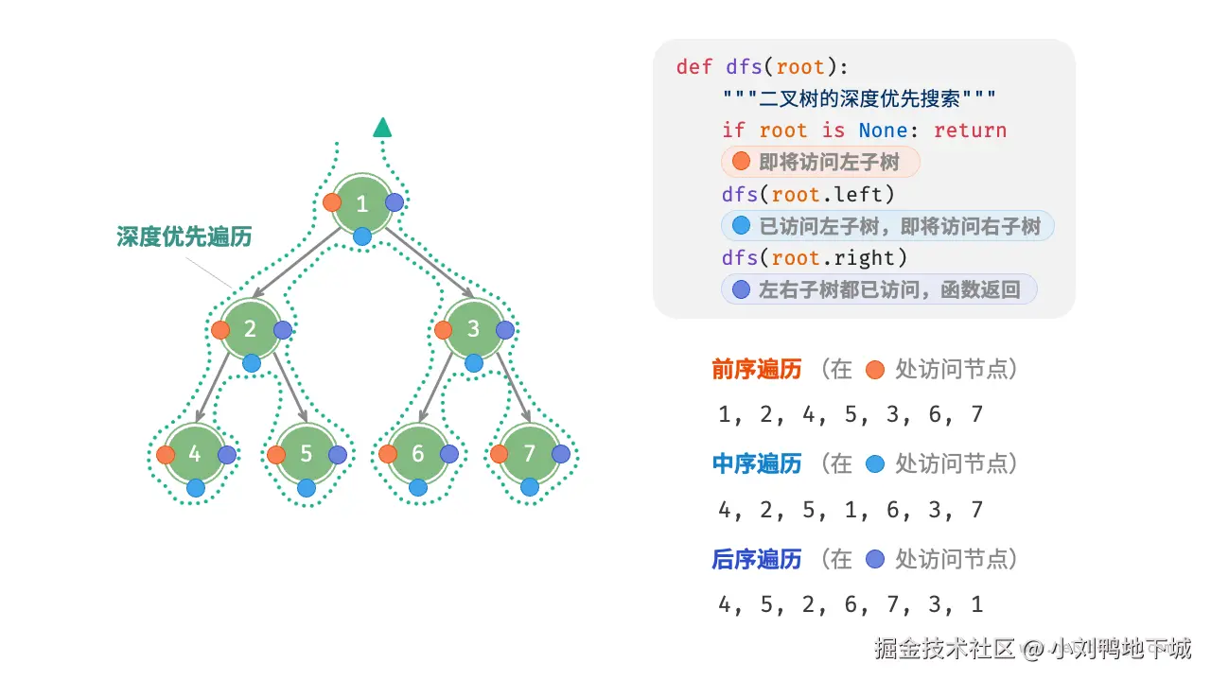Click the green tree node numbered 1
361,203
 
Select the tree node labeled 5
306,454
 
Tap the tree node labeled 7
529,453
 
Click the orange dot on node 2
220,330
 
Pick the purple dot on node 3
505,330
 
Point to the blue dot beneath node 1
361,236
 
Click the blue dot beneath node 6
418,487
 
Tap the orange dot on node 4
166,455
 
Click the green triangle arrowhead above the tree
382,127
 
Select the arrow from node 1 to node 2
297,263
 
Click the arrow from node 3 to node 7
513,387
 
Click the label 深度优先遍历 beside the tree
184,236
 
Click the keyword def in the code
694,67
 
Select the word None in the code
883,131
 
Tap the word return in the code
970,131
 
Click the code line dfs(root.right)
815,258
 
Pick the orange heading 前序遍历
756,370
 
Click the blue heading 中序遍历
756,464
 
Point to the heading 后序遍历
756,559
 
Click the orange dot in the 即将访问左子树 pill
741,161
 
